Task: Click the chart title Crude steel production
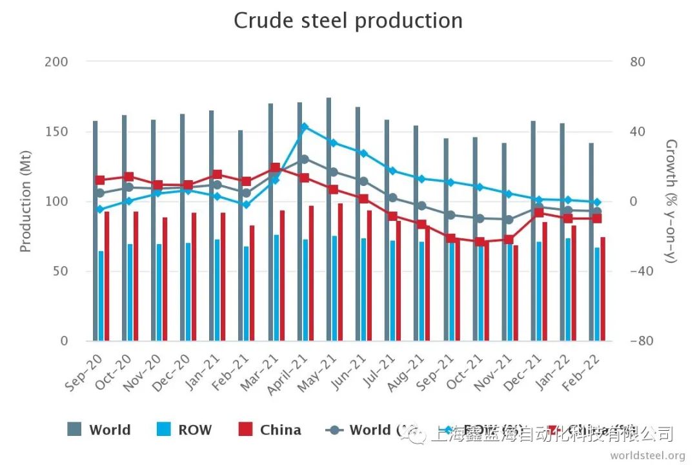pyautogui.click(x=348, y=21)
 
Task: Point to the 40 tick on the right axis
pyautogui.click(x=638, y=132)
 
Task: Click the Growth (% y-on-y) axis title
pyautogui.click(x=671, y=201)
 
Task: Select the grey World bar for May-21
pyautogui.click(x=328, y=220)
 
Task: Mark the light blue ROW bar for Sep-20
pyautogui.click(x=101, y=296)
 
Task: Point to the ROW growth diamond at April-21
pyautogui.click(x=304, y=127)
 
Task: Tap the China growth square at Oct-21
pyautogui.click(x=480, y=242)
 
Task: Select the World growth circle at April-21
pyautogui.click(x=304, y=159)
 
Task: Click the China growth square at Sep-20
pyautogui.click(x=100, y=180)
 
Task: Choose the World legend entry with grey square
pyautogui.click(x=99, y=430)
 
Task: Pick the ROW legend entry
pyautogui.click(x=185, y=430)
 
